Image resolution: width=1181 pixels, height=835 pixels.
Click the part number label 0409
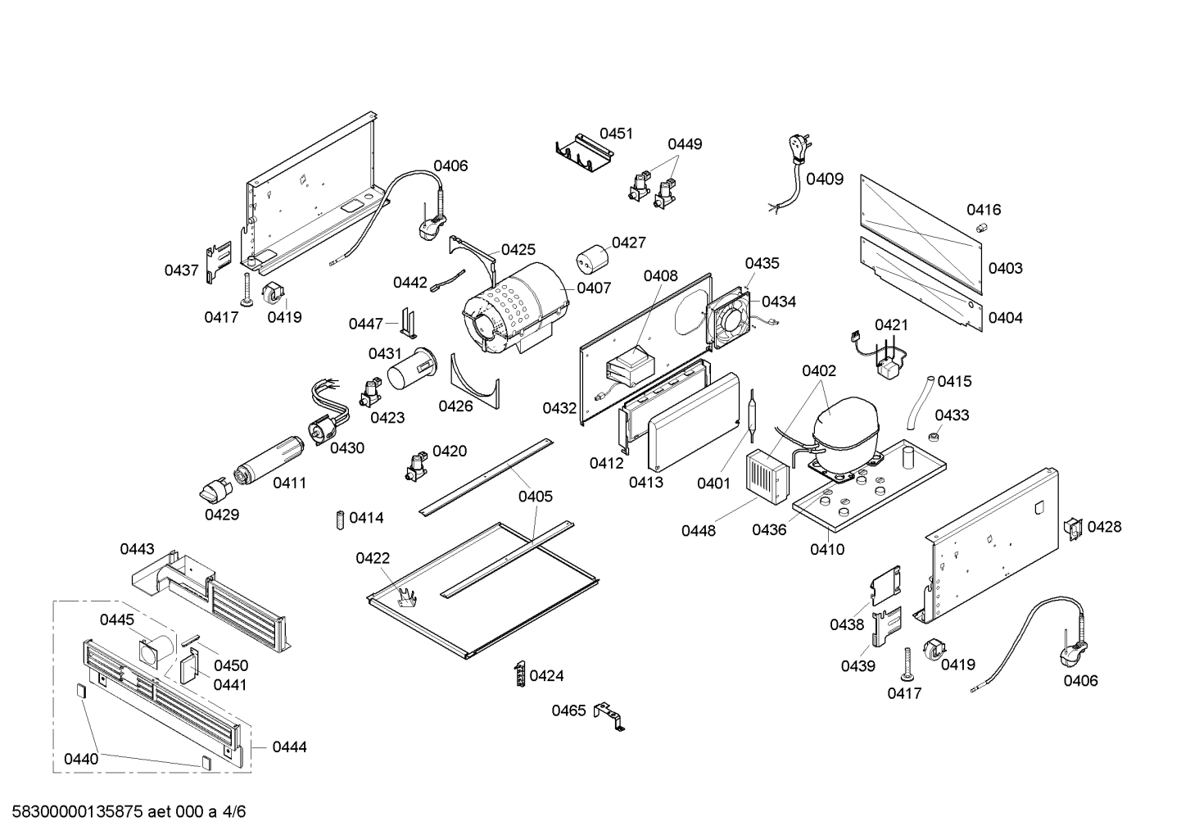click(x=825, y=179)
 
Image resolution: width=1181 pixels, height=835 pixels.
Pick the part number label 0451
click(x=616, y=134)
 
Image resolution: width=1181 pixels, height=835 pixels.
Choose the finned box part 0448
click(x=766, y=474)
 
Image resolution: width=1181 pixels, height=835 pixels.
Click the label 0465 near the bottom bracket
click(x=568, y=710)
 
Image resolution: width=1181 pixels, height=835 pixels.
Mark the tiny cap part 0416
click(x=982, y=227)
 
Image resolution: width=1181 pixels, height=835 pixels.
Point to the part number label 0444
click(x=289, y=747)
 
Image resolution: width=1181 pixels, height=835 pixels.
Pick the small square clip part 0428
click(x=1071, y=527)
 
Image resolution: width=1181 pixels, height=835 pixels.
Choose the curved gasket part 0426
click(x=474, y=381)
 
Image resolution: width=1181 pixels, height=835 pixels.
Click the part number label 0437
click(x=181, y=270)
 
